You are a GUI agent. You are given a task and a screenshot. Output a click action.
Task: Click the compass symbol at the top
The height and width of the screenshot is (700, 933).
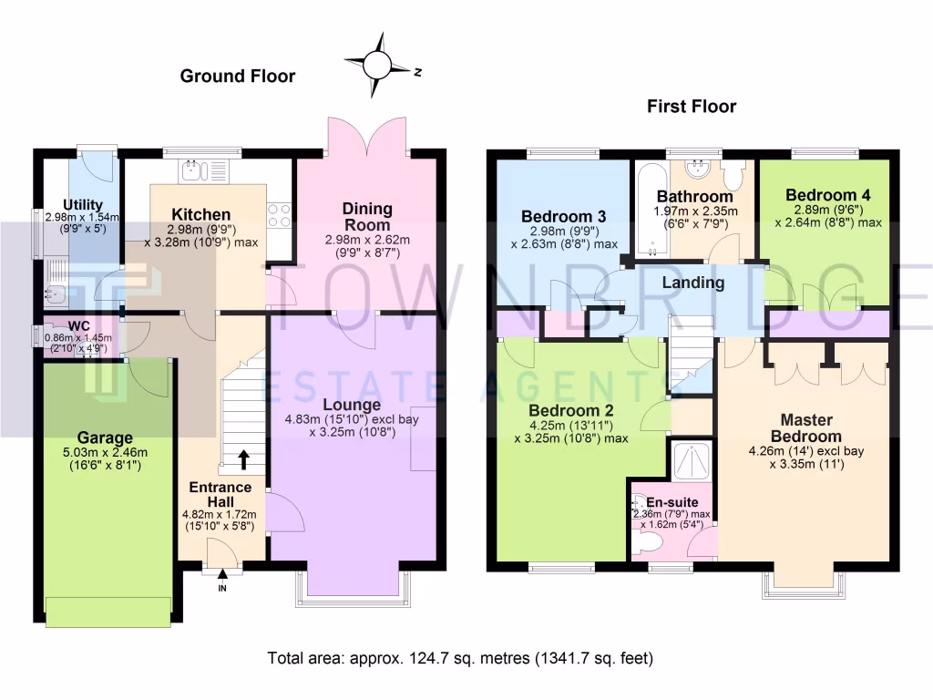coord(377,65)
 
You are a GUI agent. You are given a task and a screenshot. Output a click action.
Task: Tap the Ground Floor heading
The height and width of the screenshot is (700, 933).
coord(237,77)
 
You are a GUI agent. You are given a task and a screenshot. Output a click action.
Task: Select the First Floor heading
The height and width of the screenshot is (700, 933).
coord(692,107)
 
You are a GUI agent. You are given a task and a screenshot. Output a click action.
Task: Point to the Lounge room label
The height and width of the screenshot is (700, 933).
coord(350,405)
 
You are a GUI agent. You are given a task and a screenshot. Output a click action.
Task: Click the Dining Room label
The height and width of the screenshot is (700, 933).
coord(367,217)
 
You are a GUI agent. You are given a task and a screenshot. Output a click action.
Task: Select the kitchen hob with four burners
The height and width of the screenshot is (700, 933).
coord(279,215)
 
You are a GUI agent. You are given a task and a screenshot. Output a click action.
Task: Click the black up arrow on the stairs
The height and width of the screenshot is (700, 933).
coord(243,458)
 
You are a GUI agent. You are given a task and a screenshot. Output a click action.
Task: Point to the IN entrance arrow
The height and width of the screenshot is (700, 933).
coord(221,575)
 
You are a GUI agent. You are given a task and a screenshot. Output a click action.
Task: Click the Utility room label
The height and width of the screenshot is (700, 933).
coord(82,204)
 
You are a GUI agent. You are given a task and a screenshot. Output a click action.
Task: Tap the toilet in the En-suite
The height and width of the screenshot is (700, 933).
coord(650,543)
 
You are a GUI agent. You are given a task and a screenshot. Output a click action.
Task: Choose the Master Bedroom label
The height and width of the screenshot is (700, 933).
coord(805,427)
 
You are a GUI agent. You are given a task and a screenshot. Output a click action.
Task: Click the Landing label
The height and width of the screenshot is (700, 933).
coord(692,283)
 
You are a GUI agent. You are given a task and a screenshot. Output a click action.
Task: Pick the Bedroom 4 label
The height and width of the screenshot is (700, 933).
coord(821,195)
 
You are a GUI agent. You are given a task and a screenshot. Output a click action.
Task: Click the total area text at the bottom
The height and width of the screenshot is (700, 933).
coord(459,657)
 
